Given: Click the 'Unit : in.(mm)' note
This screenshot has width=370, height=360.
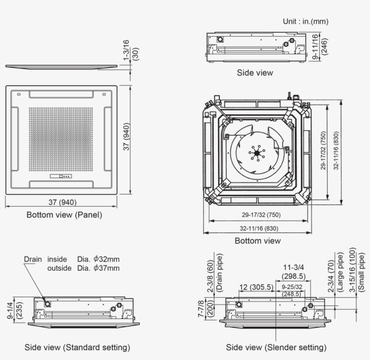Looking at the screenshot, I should [305, 21].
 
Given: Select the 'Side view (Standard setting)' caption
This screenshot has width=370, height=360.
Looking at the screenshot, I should [77, 347].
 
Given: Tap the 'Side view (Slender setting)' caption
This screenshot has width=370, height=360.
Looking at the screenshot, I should [276, 347].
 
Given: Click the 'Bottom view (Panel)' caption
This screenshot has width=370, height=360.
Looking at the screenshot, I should [64, 215].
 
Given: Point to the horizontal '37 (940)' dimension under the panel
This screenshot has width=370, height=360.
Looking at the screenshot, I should [62, 202].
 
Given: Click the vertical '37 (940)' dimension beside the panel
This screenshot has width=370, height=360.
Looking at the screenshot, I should [127, 137].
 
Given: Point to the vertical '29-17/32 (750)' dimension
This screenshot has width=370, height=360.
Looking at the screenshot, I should [324, 151].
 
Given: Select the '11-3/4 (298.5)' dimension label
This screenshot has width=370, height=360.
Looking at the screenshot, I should [293, 272].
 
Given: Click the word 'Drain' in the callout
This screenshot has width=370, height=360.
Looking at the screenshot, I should [33, 259].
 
